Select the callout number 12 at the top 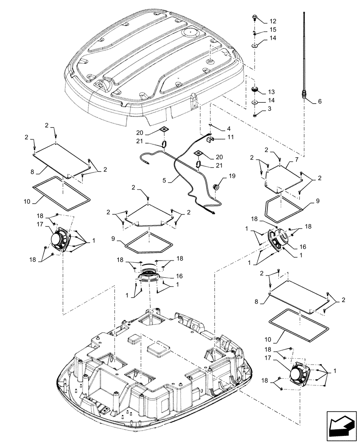pyautogui.click(x=273, y=21)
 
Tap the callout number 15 pyautogui.click(x=273, y=30)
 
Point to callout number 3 pyautogui.click(x=270, y=109)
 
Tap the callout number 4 pyautogui.click(x=228, y=129)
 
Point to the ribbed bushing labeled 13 pyautogui.click(x=255, y=90)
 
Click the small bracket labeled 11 pyautogui.click(x=212, y=139)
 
